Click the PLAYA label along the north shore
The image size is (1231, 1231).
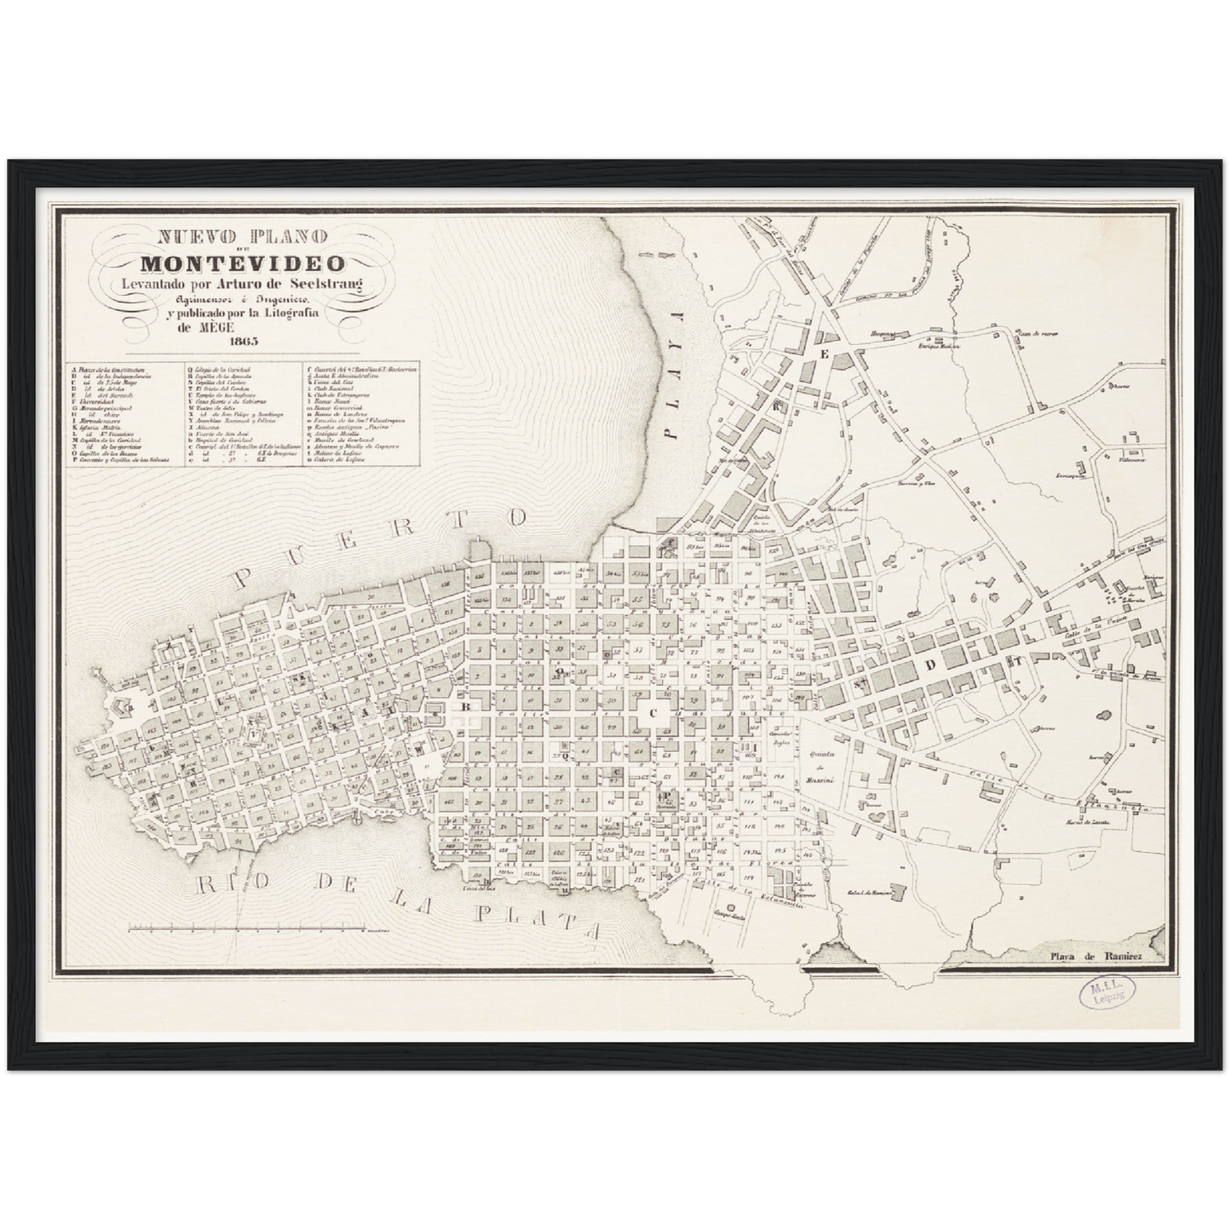(676, 375)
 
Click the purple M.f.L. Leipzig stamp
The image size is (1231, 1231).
(1107, 993)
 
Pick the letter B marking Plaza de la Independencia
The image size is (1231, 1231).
(465, 706)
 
